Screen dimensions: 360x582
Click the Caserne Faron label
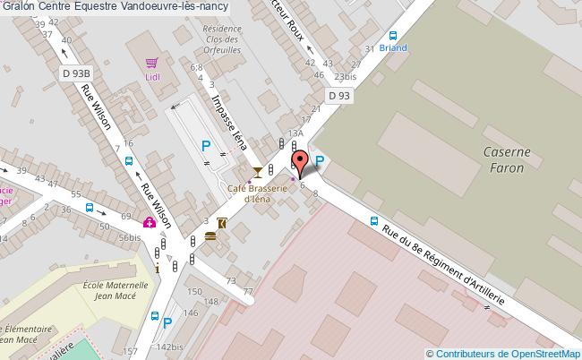[x=508, y=159]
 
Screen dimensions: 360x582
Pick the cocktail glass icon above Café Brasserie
[x=258, y=171]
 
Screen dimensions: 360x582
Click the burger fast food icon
[x=210, y=236]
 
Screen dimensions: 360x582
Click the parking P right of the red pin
[x=320, y=161]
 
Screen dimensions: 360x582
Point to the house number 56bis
[x=130, y=237]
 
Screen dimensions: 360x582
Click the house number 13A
[x=295, y=133]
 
